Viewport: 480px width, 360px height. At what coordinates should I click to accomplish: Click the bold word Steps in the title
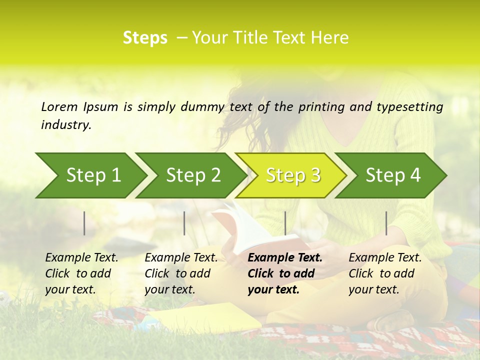pyautogui.click(x=145, y=38)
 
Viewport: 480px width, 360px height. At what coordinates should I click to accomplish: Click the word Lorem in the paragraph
pyautogui.click(x=59, y=106)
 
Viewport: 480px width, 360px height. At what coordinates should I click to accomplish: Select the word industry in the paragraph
pyautogui.click(x=65, y=125)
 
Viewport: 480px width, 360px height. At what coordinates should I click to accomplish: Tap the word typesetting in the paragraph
pyautogui.click(x=409, y=106)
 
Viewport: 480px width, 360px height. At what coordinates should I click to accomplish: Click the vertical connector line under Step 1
pyautogui.click(x=84, y=223)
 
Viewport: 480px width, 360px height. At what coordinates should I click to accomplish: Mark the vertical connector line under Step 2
pyautogui.click(x=184, y=223)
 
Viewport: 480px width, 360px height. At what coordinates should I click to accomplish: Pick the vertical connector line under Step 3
pyautogui.click(x=285, y=223)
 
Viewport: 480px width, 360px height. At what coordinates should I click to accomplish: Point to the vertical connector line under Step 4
pyautogui.click(x=386, y=223)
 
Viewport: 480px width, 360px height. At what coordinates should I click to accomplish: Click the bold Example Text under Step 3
pyautogui.click(x=285, y=258)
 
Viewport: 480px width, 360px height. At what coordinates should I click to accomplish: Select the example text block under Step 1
pyautogui.click(x=81, y=273)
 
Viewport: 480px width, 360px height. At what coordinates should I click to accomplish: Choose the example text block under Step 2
pyautogui.click(x=181, y=273)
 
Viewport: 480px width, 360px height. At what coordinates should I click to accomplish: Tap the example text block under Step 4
pyautogui.click(x=385, y=273)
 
